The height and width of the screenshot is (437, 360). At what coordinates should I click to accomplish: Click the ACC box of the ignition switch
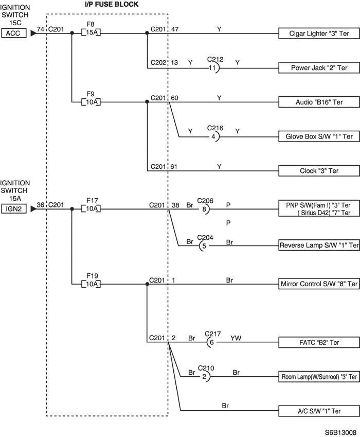click(14, 33)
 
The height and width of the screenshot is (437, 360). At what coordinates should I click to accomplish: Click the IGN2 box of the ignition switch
click(14, 209)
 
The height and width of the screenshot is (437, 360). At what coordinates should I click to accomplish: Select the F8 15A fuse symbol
click(91, 32)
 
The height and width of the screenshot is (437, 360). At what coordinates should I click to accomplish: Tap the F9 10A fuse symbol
click(91, 102)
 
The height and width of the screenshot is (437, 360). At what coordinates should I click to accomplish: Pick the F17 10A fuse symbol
click(91, 208)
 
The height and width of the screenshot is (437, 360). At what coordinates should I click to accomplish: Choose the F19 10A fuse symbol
click(91, 284)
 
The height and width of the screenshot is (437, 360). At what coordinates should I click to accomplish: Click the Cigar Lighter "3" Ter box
click(319, 33)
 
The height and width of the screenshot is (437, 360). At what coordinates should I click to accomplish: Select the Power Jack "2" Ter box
click(319, 68)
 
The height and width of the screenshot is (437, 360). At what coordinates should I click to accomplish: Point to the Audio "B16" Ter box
click(319, 102)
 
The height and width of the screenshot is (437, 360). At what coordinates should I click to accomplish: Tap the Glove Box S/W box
click(319, 136)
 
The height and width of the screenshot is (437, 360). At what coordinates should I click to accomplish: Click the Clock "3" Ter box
click(319, 171)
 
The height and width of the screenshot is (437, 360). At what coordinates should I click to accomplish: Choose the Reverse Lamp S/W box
click(319, 245)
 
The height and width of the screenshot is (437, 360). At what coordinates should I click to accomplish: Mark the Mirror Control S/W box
click(319, 284)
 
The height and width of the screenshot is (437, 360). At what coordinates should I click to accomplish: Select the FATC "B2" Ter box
click(319, 342)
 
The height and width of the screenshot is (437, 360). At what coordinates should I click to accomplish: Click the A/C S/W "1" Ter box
click(319, 411)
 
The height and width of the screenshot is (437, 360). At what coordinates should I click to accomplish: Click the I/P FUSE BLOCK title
click(112, 5)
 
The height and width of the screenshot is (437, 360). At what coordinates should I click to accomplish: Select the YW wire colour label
click(236, 338)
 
